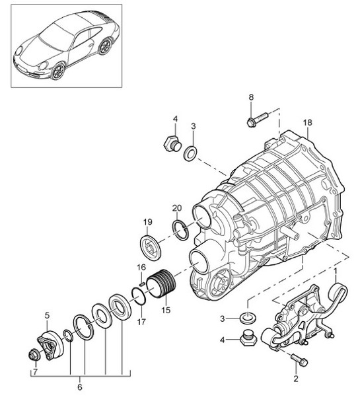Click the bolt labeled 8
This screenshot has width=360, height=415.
click(256, 121)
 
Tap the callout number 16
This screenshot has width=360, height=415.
click(141, 267)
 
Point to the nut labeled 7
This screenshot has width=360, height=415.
click(33, 357)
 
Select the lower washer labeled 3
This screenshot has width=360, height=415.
click(248, 318)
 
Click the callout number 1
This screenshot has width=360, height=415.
click(336, 271)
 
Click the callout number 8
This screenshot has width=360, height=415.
click(250, 98)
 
